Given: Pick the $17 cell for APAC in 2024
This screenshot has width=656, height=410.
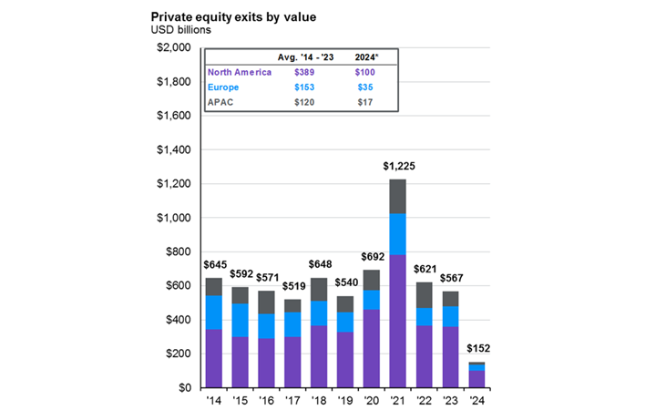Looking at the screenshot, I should [x=367, y=104].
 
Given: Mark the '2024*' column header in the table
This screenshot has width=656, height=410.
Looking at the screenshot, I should [x=367, y=57].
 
